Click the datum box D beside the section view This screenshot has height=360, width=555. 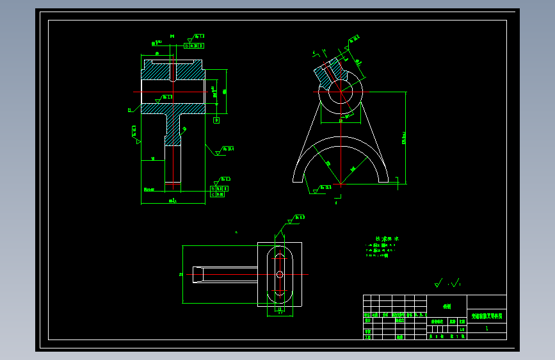point(216,120)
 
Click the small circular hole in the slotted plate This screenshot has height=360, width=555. point(280,274)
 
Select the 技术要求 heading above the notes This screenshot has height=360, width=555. point(387,238)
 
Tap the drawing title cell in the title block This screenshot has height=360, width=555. point(487,316)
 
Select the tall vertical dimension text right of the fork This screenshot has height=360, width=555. point(403,137)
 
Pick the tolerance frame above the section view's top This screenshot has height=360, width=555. point(194,45)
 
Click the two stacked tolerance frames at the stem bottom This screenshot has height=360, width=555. point(218,191)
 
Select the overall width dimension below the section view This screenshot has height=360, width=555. point(172,200)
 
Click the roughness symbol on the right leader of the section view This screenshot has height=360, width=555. point(224,150)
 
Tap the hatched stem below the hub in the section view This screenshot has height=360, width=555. point(173,128)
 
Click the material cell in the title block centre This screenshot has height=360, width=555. point(447,306)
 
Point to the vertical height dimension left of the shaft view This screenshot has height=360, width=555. point(181,274)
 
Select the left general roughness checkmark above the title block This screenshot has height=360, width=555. point(438,281)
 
